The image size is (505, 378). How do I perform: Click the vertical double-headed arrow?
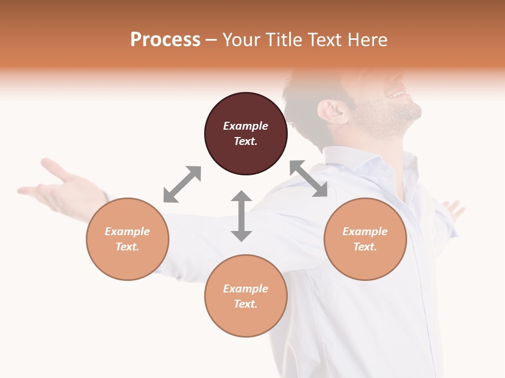pyautogui.click(x=241, y=216)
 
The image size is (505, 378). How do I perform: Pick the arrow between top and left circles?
pyautogui.click(x=182, y=184)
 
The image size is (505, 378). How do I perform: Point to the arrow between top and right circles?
pyautogui.click(x=309, y=178)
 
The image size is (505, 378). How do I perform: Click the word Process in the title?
pyautogui.click(x=165, y=39)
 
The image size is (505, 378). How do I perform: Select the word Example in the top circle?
pyautogui.click(x=246, y=126)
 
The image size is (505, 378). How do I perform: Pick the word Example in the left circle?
pyautogui.click(x=127, y=232)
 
